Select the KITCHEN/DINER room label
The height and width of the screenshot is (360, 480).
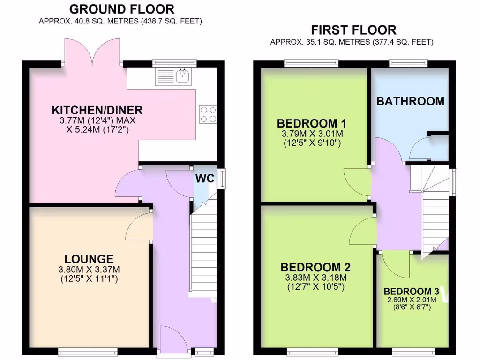tap(97, 110)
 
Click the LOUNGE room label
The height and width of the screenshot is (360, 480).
tap(89, 259)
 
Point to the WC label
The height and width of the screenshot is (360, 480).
tap(205, 179)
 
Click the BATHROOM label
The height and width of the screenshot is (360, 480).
tap(410, 101)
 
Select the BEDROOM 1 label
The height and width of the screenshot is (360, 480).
tap(312, 123)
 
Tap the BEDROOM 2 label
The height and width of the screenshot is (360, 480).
tap(315, 267)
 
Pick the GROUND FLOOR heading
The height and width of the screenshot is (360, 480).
tap(121, 9)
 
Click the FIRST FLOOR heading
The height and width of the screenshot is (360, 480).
tap(354, 30)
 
